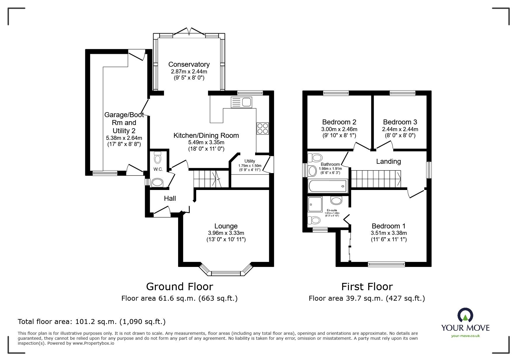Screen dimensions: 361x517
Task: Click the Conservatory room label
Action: coord(189,64)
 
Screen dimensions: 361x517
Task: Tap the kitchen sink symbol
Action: coord(241,102)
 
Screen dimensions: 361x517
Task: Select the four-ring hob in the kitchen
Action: coord(262,128)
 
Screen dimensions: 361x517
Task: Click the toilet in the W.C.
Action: coord(158,159)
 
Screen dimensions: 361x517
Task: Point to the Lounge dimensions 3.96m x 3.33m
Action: coord(226,233)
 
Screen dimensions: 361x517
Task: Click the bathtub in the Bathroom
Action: coord(327,186)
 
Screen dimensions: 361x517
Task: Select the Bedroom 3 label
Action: coord(400,122)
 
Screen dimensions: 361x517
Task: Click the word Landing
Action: coord(388,161)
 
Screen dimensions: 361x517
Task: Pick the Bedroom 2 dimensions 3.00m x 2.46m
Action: coord(339,129)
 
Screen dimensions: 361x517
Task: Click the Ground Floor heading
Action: coord(180,287)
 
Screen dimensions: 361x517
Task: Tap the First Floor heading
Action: coord(367,287)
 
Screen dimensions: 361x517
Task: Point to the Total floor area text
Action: coord(92,322)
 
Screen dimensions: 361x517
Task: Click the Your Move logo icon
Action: coord(465,315)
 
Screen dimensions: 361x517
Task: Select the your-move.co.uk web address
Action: coord(465,336)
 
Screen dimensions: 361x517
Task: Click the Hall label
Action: coord(170,198)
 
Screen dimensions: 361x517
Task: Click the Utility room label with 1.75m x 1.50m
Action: coord(250,161)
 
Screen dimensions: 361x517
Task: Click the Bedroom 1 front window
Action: coord(386,264)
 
